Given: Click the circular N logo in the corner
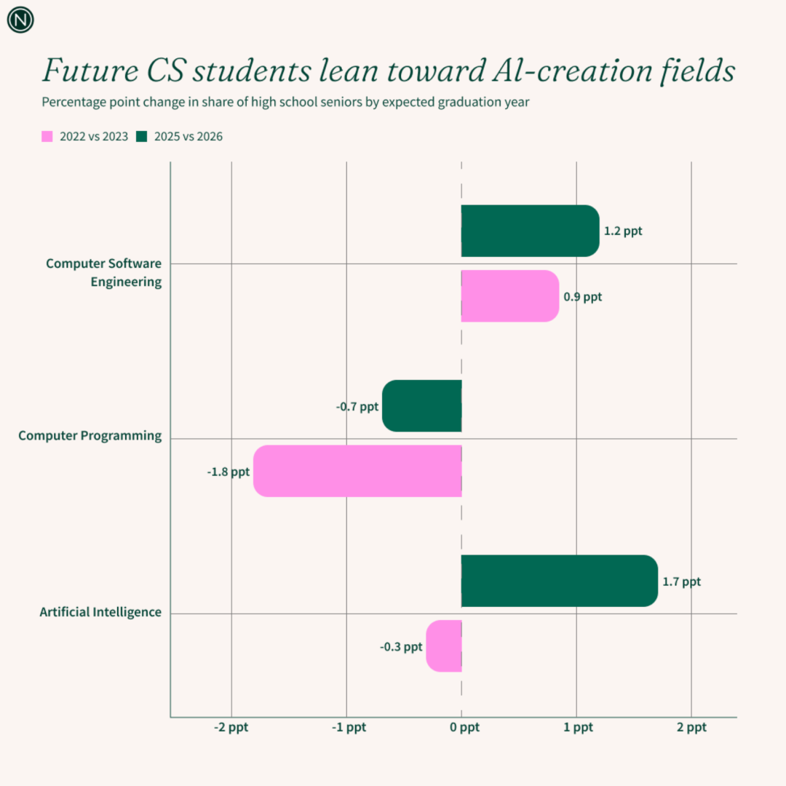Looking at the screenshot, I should click(x=20, y=20).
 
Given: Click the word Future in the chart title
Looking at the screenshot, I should click(x=82, y=71).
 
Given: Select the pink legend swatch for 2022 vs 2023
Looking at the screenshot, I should click(x=47, y=136).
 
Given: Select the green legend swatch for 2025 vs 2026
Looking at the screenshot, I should click(x=142, y=136).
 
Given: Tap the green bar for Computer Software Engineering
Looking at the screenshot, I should click(x=530, y=231).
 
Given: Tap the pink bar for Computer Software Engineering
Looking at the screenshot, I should click(x=509, y=296).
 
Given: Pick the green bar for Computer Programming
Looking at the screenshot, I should click(x=422, y=405).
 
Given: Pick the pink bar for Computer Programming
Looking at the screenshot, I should click(x=357, y=471).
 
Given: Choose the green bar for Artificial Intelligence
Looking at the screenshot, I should click(x=559, y=581).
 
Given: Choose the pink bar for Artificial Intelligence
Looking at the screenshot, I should click(x=444, y=646).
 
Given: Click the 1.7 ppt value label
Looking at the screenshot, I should click(x=681, y=581).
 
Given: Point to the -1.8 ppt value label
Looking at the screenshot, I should click(x=228, y=472).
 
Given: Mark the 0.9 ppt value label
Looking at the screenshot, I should click(x=583, y=297).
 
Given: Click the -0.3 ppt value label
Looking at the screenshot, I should click(x=401, y=646).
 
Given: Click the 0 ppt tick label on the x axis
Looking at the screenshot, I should click(x=464, y=727).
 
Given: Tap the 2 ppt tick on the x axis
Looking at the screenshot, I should click(x=691, y=727).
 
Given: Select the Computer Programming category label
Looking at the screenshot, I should click(x=90, y=436).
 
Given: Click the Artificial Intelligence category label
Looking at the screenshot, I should click(x=100, y=612).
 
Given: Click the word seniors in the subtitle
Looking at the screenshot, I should click(x=360, y=102).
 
